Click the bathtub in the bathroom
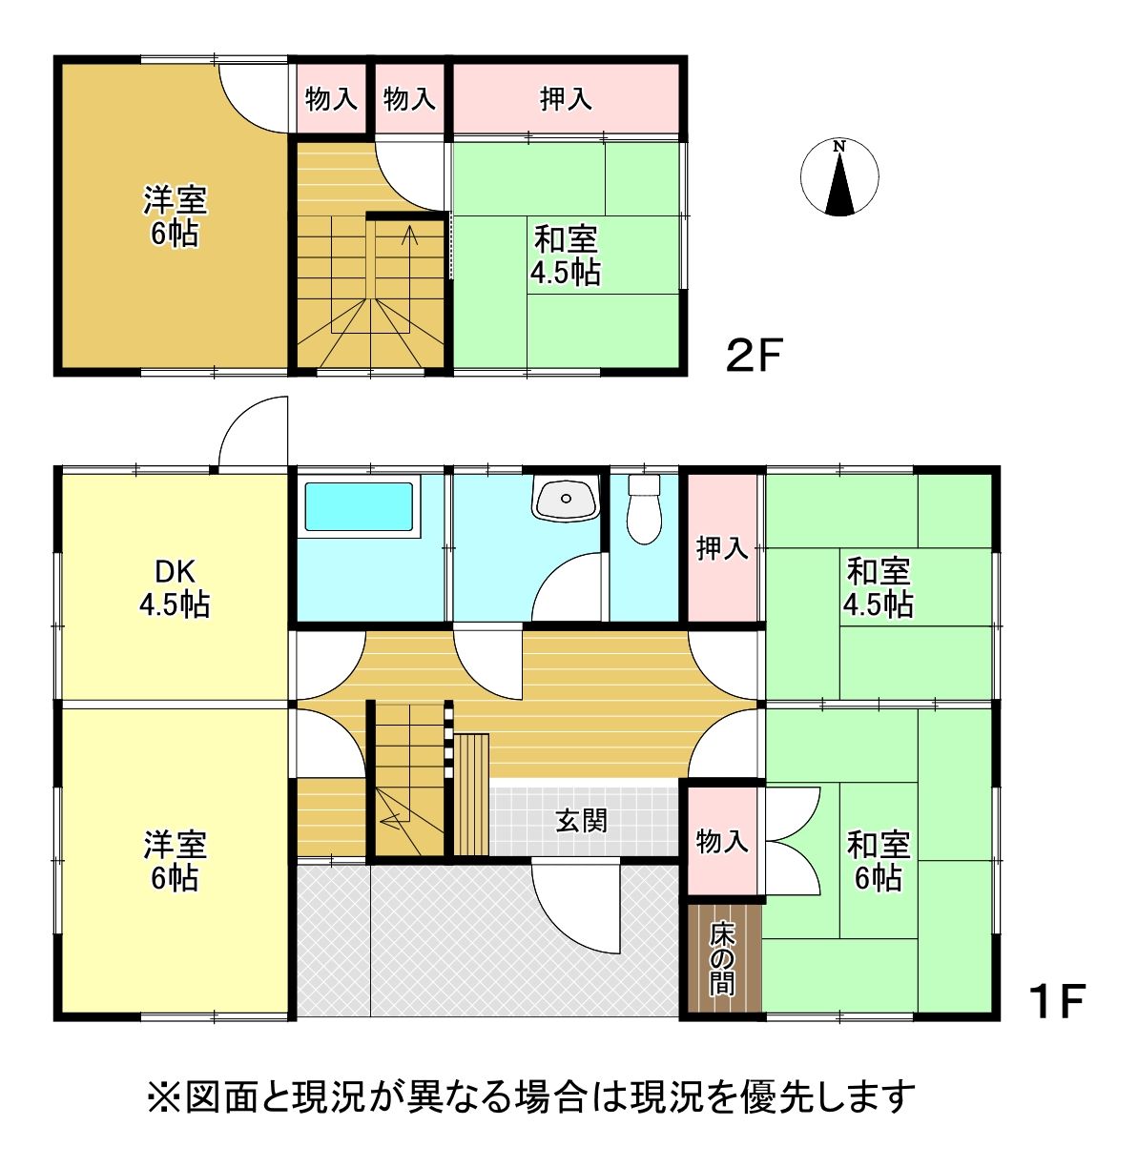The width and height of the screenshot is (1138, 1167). pyautogui.click(x=359, y=506)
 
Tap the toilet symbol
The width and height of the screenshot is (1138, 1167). pyautogui.click(x=643, y=508)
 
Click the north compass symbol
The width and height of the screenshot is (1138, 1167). pyautogui.click(x=838, y=177)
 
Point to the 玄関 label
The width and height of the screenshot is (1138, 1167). pyautogui.click(x=581, y=820)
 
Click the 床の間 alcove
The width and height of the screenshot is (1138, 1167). pyautogui.click(x=723, y=958)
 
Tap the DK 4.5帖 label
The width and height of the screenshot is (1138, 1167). pyautogui.click(x=175, y=588)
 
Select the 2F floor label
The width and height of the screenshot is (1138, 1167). pyautogui.click(x=754, y=355)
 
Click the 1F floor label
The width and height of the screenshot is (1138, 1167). pyautogui.click(x=1056, y=1001)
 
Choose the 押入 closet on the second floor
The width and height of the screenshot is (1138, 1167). pyautogui.click(x=566, y=98)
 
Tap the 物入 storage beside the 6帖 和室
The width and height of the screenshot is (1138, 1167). pyautogui.click(x=722, y=841)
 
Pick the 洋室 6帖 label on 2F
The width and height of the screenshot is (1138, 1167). pyautogui.click(x=175, y=216)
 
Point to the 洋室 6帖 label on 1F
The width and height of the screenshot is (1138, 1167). pyautogui.click(x=175, y=861)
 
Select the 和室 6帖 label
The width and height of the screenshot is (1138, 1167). pyautogui.click(x=879, y=861)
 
